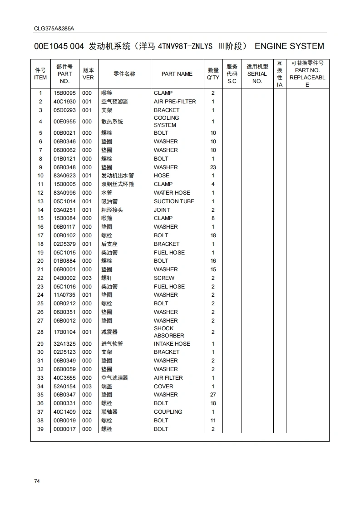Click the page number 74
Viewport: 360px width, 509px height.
(37, 481)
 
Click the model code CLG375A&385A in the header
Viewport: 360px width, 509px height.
(54, 28)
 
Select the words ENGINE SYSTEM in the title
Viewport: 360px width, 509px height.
(289, 46)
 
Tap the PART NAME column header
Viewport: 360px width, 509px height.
(177, 74)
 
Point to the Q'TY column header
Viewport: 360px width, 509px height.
(213, 74)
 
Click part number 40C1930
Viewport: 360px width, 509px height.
(64, 102)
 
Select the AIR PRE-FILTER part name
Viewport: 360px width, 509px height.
(175, 102)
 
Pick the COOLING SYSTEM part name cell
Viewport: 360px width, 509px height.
(166, 122)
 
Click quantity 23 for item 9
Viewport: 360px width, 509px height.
(213, 167)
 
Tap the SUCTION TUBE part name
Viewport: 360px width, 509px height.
(174, 201)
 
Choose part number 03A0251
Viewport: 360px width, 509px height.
(64, 210)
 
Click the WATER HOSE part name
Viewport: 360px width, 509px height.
(172, 193)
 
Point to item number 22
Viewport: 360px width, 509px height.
(40, 278)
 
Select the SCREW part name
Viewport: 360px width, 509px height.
(164, 278)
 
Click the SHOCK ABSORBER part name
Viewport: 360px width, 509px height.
(169, 332)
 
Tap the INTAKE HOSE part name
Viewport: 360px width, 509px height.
(172, 344)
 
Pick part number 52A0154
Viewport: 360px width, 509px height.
(64, 387)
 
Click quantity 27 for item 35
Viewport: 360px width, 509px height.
(213, 395)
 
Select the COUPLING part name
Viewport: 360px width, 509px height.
(168, 412)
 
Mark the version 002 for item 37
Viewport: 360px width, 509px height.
(87, 412)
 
